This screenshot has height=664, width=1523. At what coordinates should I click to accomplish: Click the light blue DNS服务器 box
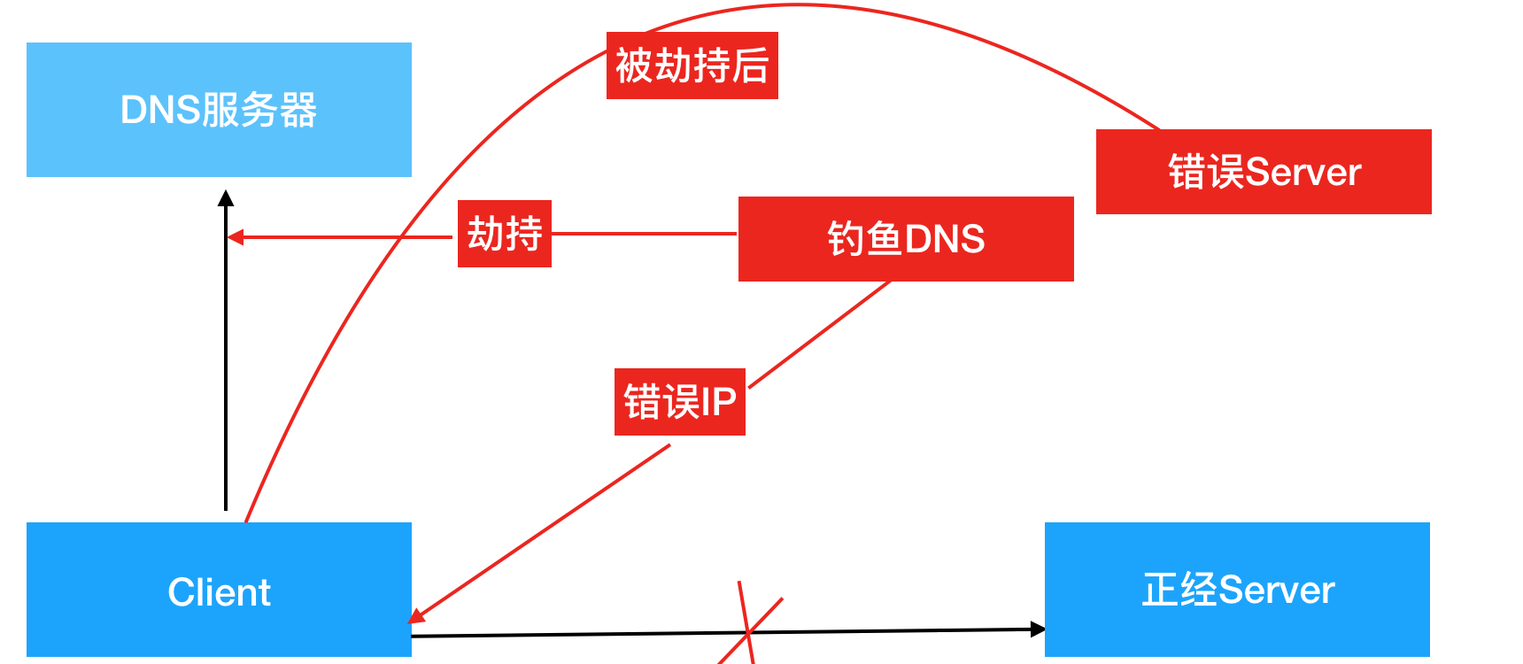(x=219, y=110)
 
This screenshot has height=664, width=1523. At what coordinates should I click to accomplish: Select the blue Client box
(x=219, y=590)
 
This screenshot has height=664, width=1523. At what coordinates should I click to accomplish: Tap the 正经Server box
(x=1237, y=590)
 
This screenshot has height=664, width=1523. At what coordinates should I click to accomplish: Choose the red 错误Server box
(x=1264, y=172)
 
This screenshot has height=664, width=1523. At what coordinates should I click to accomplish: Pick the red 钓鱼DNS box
(x=906, y=239)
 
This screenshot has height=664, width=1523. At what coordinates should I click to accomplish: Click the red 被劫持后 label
(x=692, y=66)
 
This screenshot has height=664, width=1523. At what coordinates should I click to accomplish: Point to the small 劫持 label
(x=505, y=234)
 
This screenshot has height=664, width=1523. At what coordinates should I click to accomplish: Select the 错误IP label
(x=680, y=402)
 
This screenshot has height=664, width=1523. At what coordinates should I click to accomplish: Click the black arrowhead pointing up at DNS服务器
(x=226, y=198)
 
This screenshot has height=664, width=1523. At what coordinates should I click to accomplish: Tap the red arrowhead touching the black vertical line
(x=236, y=237)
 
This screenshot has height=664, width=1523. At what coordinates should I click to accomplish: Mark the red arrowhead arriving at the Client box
(x=417, y=615)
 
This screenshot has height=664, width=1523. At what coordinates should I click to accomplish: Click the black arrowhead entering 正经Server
(x=1038, y=629)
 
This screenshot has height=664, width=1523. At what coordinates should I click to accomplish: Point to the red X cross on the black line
(x=749, y=630)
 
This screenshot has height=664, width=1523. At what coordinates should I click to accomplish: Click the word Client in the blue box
(x=219, y=592)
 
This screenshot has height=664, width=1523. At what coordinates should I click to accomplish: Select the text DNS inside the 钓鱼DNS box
(x=944, y=239)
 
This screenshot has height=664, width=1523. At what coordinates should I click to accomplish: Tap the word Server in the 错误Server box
(x=1303, y=172)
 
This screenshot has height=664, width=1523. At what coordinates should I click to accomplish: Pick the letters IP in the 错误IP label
(x=718, y=402)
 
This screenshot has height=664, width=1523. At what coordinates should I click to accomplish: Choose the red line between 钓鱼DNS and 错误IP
(x=819, y=335)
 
